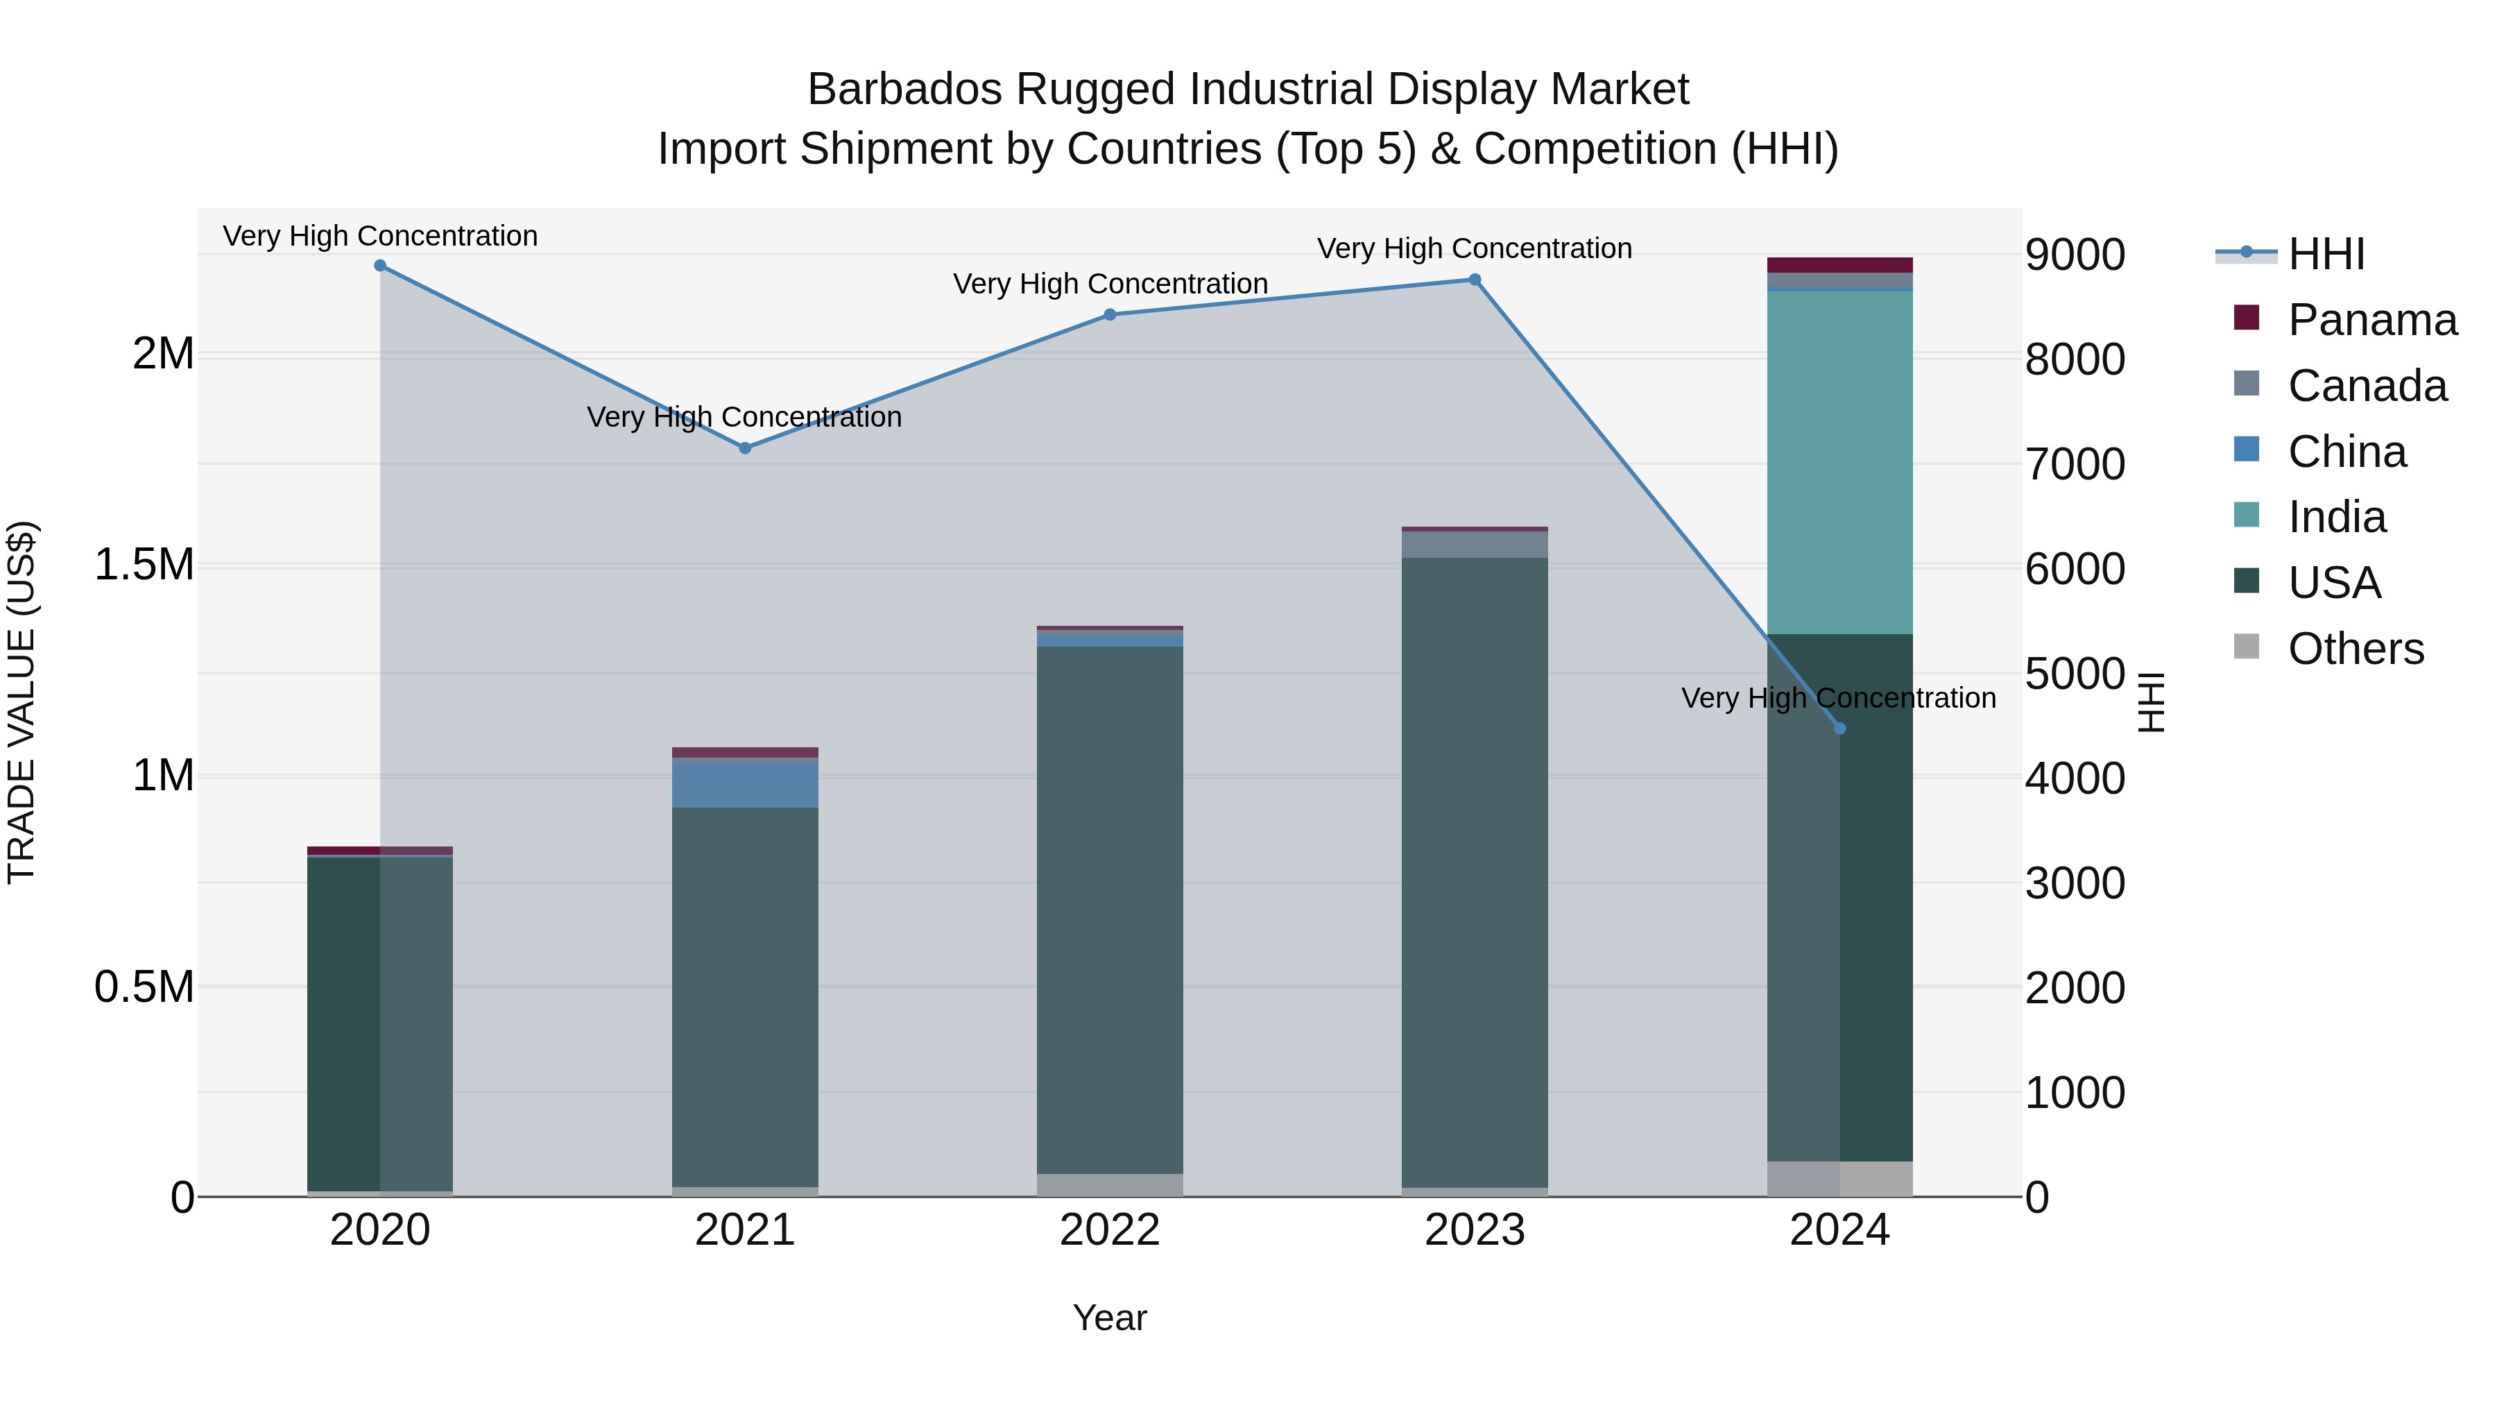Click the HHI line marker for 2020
380,266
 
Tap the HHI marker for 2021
744,448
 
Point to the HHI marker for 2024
1839,729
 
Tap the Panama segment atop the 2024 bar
1839,265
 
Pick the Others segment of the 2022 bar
1110,1185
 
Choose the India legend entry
2336,517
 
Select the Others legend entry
2356,649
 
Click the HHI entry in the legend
2326,254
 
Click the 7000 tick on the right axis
2075,463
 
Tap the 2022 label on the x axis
1110,1230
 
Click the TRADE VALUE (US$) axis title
22,703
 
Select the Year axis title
1110,1318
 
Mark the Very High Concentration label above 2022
1110,284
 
